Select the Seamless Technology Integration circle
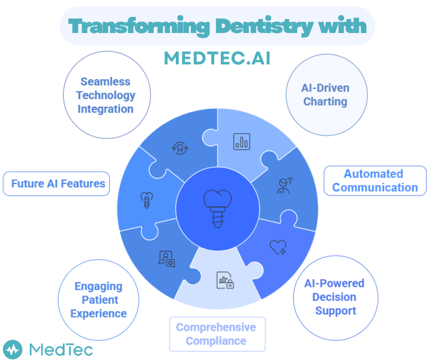106,95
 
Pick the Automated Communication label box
375,181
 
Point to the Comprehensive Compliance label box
216,334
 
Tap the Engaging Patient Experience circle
98,300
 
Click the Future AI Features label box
56,184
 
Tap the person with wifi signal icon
283,185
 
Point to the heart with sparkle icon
278,247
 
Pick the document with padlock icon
225,280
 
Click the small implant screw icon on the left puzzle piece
145,199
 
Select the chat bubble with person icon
167,259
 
